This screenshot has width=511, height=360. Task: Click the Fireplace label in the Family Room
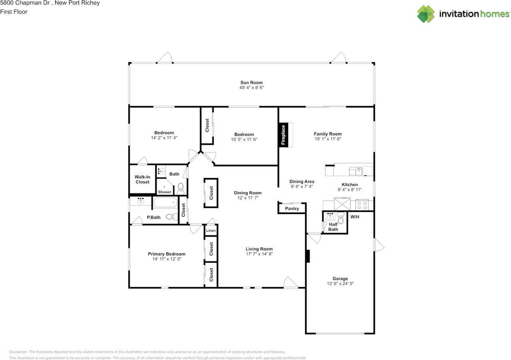[283, 135]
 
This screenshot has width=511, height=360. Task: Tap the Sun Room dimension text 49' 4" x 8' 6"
[252, 88]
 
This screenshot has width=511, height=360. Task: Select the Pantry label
[292, 209]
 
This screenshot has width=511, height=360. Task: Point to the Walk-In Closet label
[142, 179]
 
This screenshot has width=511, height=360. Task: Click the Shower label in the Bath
[164, 192]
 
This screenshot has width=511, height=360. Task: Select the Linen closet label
[211, 231]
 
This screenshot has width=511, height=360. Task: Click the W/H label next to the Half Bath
[355, 217]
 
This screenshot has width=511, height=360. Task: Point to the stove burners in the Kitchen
[362, 205]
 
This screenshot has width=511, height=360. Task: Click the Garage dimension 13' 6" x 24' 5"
[340, 284]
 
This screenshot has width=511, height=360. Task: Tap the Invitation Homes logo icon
[426, 14]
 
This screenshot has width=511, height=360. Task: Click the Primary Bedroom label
[166, 254]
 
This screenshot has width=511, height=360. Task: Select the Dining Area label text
[301, 181]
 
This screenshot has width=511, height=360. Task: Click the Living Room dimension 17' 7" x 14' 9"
[259, 254]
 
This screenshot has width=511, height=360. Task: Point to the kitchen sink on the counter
[356, 171]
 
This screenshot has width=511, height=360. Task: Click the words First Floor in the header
[14, 12]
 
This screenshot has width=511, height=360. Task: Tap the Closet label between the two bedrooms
[207, 125]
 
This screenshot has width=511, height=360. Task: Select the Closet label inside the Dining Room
[211, 193]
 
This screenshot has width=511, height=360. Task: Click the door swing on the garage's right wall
[378, 245]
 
